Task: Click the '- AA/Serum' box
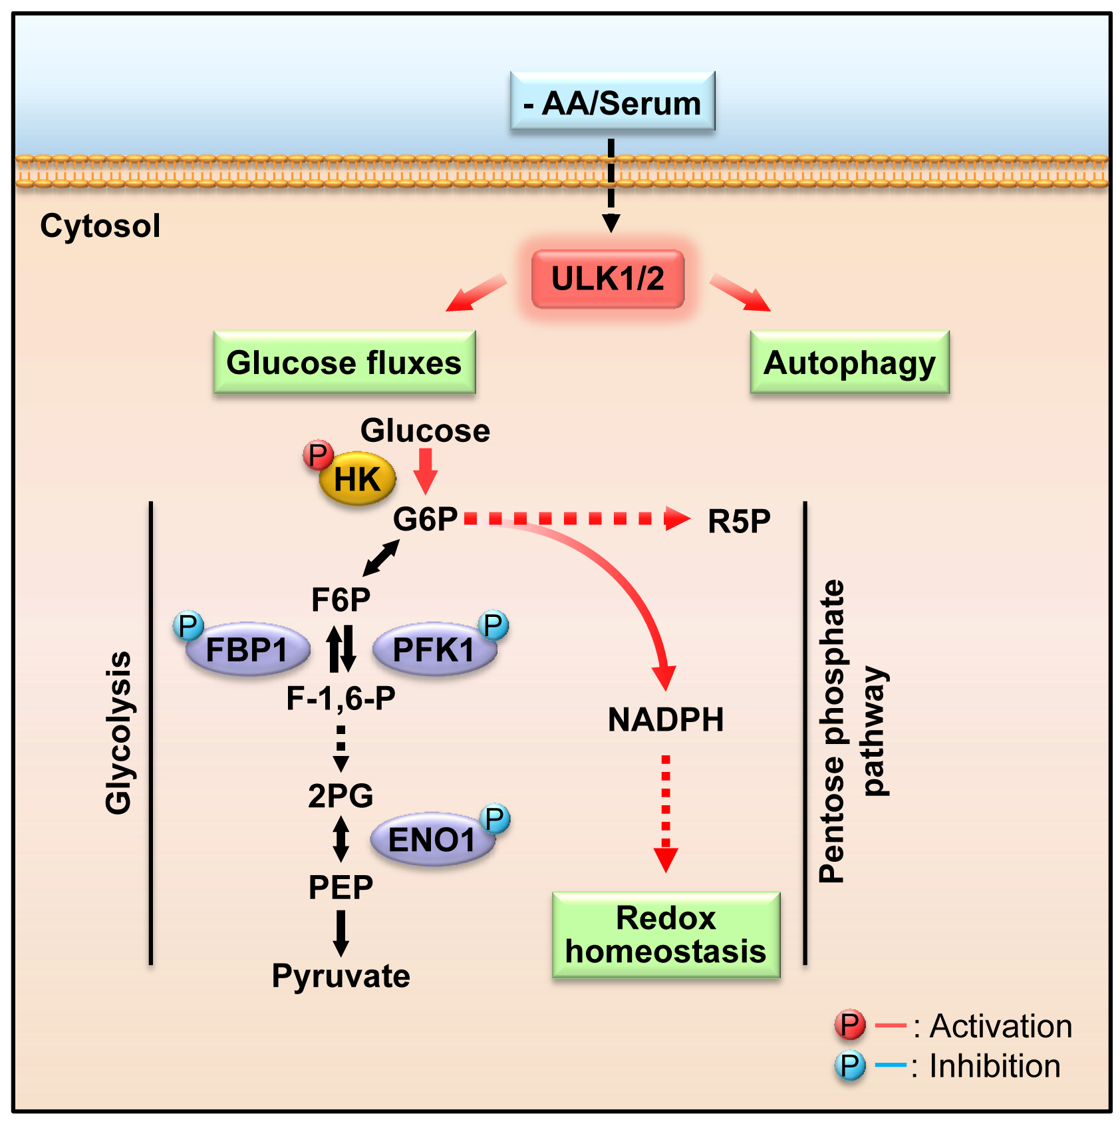(x=613, y=101)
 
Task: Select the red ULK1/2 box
(x=608, y=279)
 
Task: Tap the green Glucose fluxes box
(x=344, y=363)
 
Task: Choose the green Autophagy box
(x=849, y=363)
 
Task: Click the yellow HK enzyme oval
(x=358, y=479)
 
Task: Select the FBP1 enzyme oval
(x=247, y=650)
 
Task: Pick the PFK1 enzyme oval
(x=434, y=650)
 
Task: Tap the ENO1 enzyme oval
(x=432, y=840)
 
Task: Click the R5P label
(x=739, y=521)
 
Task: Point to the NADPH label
(x=666, y=720)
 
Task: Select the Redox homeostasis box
(x=666, y=935)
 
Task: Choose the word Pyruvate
(x=341, y=976)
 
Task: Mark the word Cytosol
(x=100, y=226)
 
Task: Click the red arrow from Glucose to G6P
(x=425, y=470)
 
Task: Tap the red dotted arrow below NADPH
(x=666, y=812)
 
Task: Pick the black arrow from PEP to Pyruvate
(x=341, y=932)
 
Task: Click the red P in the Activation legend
(x=850, y=1025)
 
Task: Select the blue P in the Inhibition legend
(x=850, y=1065)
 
